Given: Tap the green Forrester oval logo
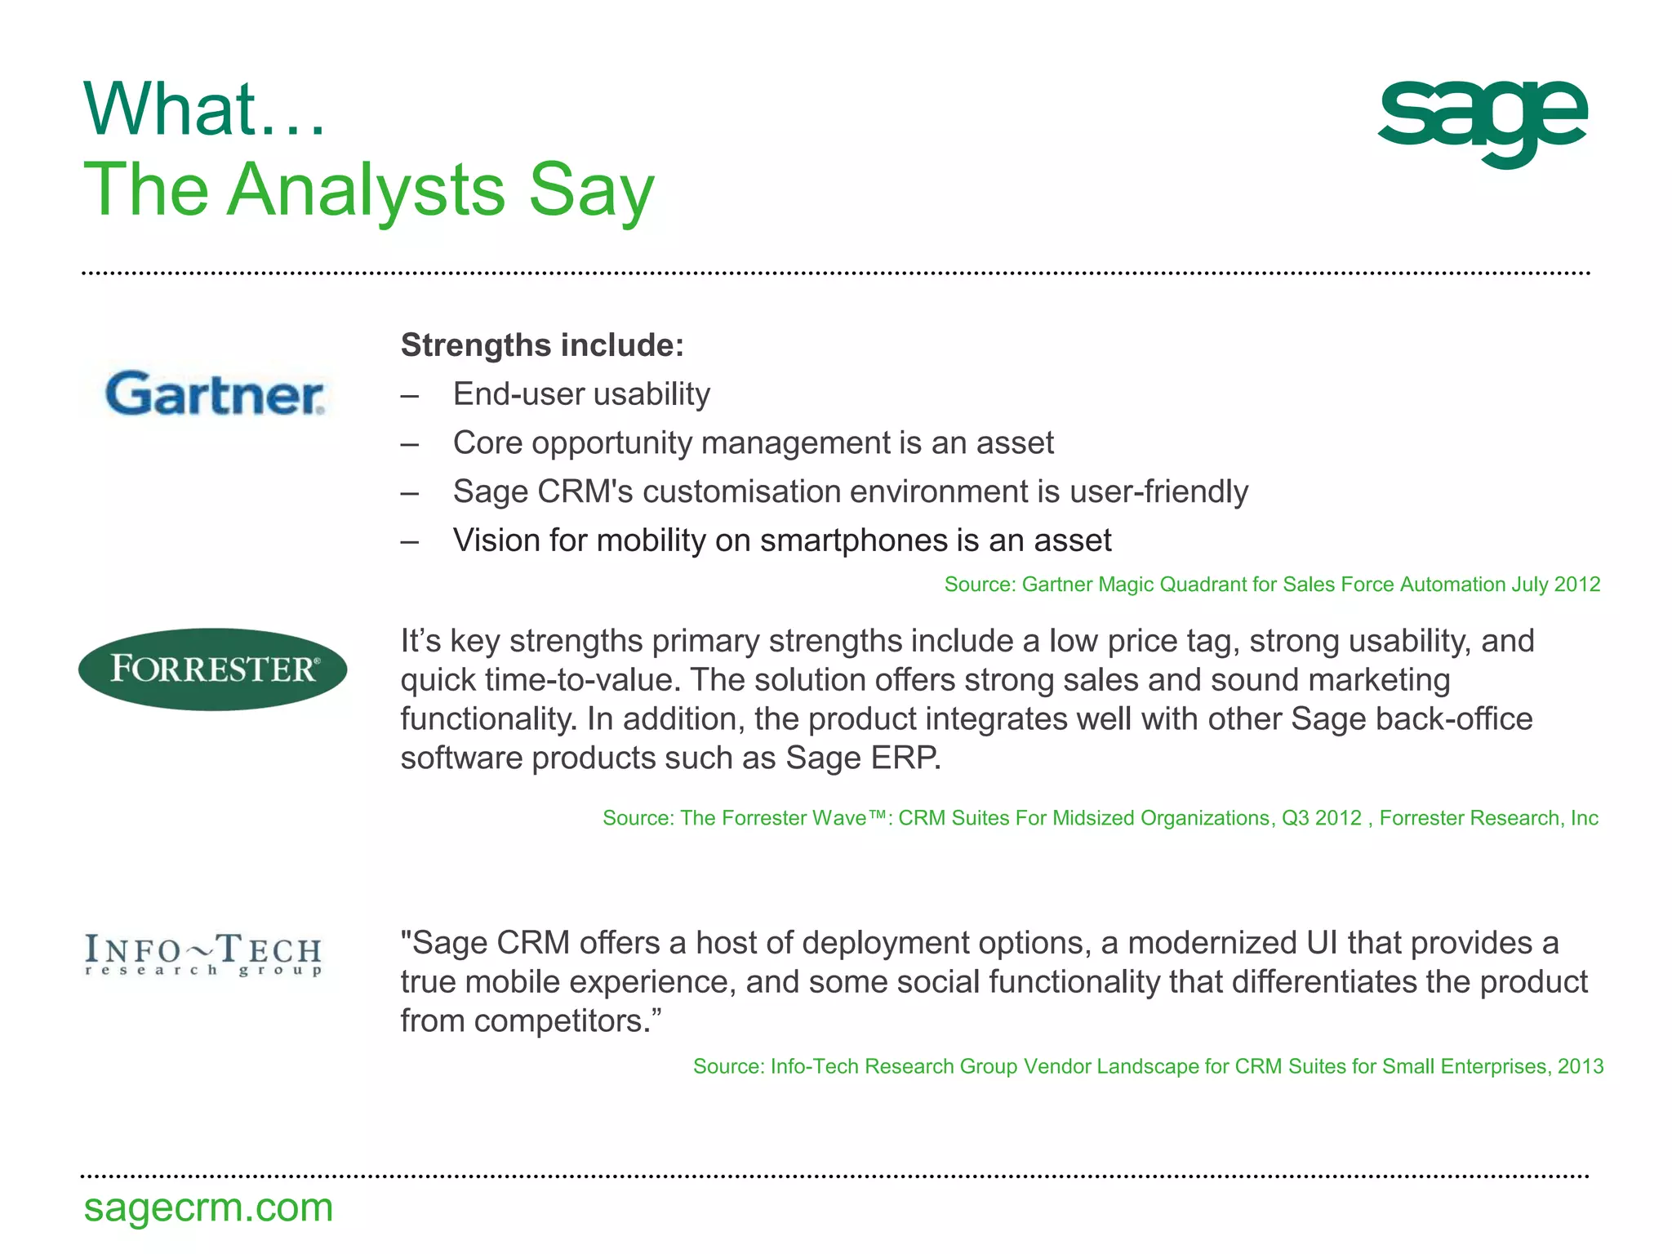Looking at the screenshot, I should pyautogui.click(x=213, y=669).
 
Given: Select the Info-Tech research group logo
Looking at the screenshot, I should pyautogui.click(x=204, y=955).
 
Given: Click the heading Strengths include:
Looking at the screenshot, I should pyautogui.click(x=542, y=345).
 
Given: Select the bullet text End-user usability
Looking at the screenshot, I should pyautogui.click(x=581, y=394).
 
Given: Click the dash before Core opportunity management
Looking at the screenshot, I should pyautogui.click(x=410, y=444).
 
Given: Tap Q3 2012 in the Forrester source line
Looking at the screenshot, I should pyautogui.click(x=1321, y=818).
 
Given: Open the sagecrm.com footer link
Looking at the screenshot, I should pyautogui.click(x=208, y=1207).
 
